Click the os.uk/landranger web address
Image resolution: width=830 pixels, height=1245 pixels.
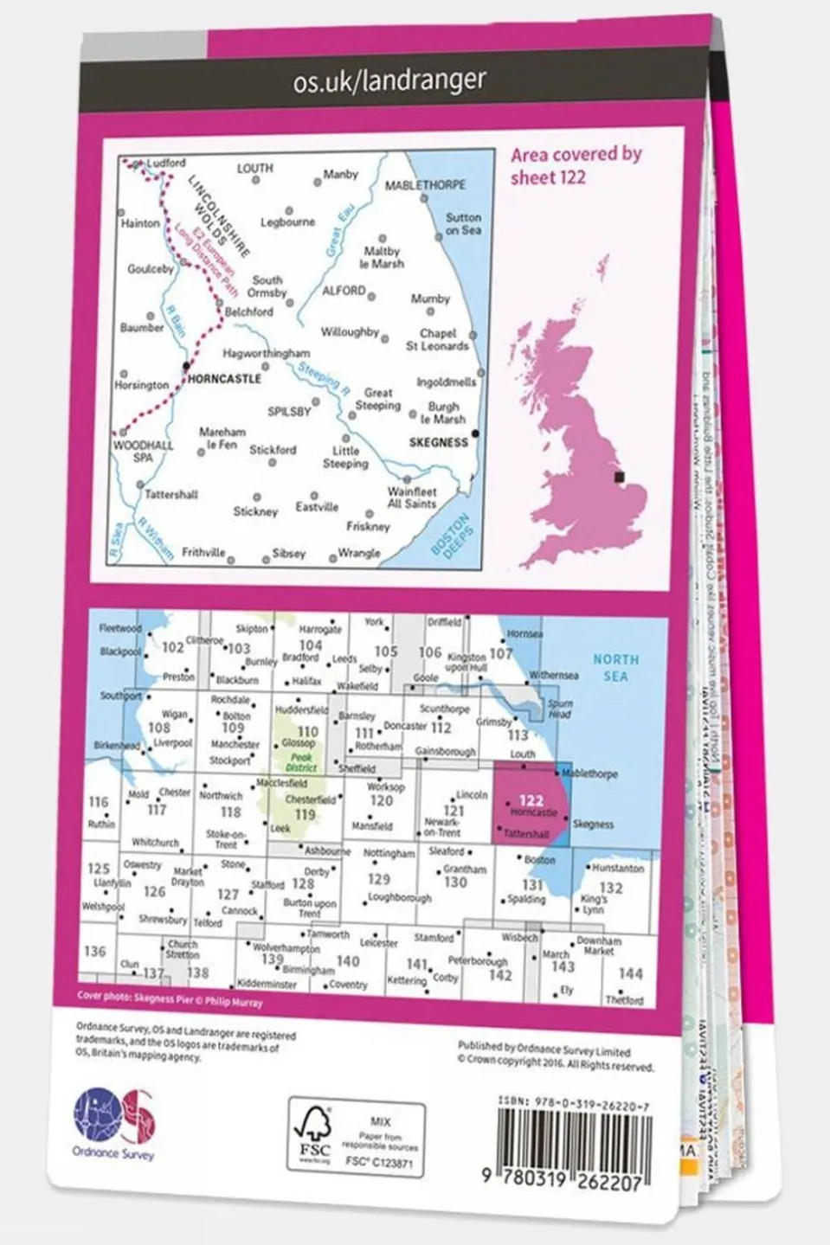[389, 80]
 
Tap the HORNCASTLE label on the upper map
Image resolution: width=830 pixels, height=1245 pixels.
[224, 379]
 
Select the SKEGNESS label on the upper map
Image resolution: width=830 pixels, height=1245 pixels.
[438, 442]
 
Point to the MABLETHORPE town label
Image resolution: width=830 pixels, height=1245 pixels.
[425, 185]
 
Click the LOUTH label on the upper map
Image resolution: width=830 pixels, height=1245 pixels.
[254, 169]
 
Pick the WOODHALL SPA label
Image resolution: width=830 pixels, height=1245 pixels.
[144, 451]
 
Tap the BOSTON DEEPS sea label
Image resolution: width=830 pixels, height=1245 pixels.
[451, 536]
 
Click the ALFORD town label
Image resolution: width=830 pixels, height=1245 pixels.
[344, 291]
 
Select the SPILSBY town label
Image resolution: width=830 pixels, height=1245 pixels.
[288, 412]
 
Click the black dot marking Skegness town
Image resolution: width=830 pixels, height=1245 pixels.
[474, 433]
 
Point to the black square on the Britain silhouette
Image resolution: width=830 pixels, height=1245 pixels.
[618, 477]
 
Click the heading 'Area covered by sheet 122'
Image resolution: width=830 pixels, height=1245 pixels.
[576, 165]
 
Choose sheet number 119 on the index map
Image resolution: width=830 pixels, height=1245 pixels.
[305, 814]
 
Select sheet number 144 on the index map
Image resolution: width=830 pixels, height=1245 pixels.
[630, 973]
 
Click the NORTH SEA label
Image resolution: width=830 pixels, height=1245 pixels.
[615, 667]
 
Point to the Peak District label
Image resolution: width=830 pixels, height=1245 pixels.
[302, 762]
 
